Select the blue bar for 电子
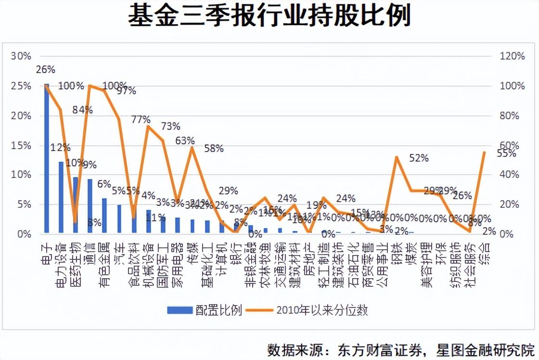pos(47,159)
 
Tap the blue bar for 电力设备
pos(61,197)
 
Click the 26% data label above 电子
pos(46,70)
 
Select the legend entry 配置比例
pos(204,309)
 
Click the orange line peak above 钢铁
pos(396,157)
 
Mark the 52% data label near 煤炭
pos(419,158)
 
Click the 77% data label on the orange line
pos(141,119)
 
